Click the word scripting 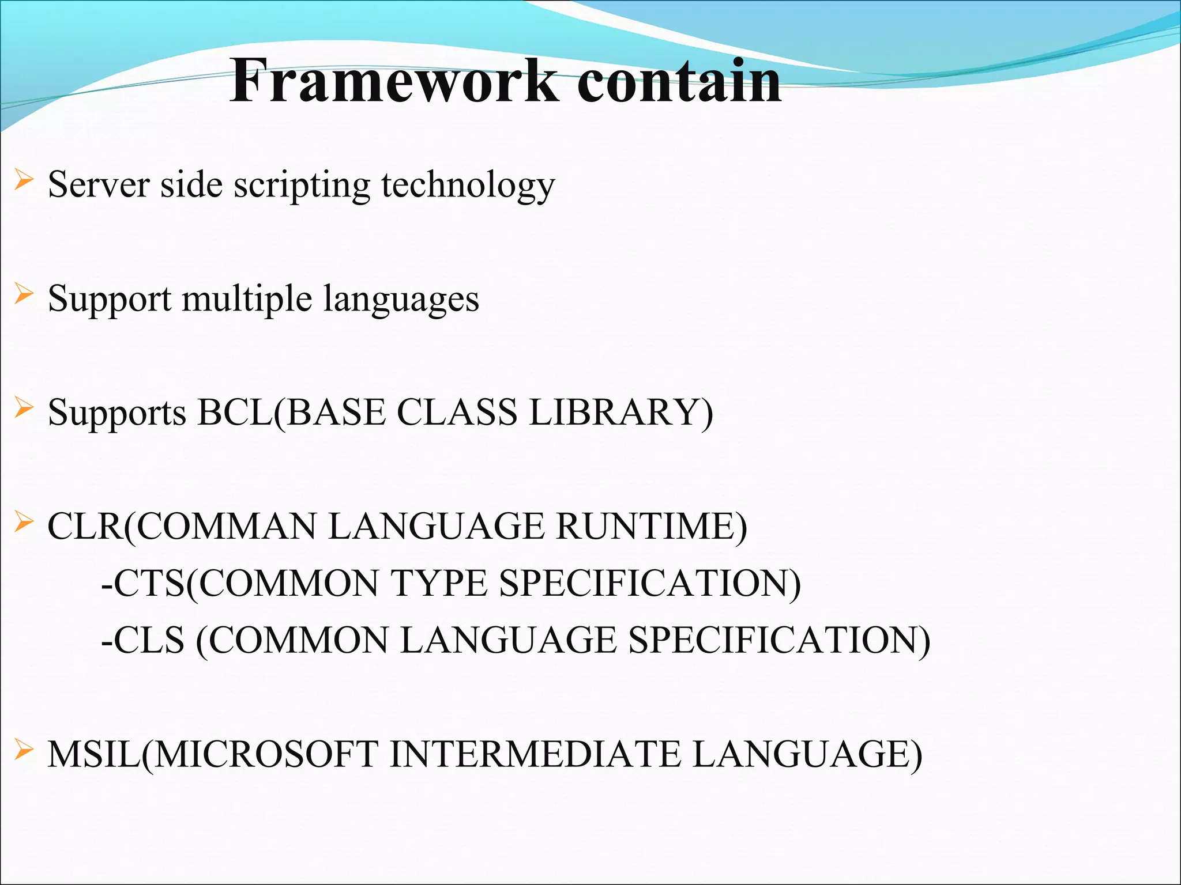point(302,186)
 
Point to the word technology point(468,186)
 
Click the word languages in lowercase point(401,300)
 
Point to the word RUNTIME point(651,526)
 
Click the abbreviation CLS point(148,640)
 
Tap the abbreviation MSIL point(94,754)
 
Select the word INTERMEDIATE point(535,754)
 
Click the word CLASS point(457,413)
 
